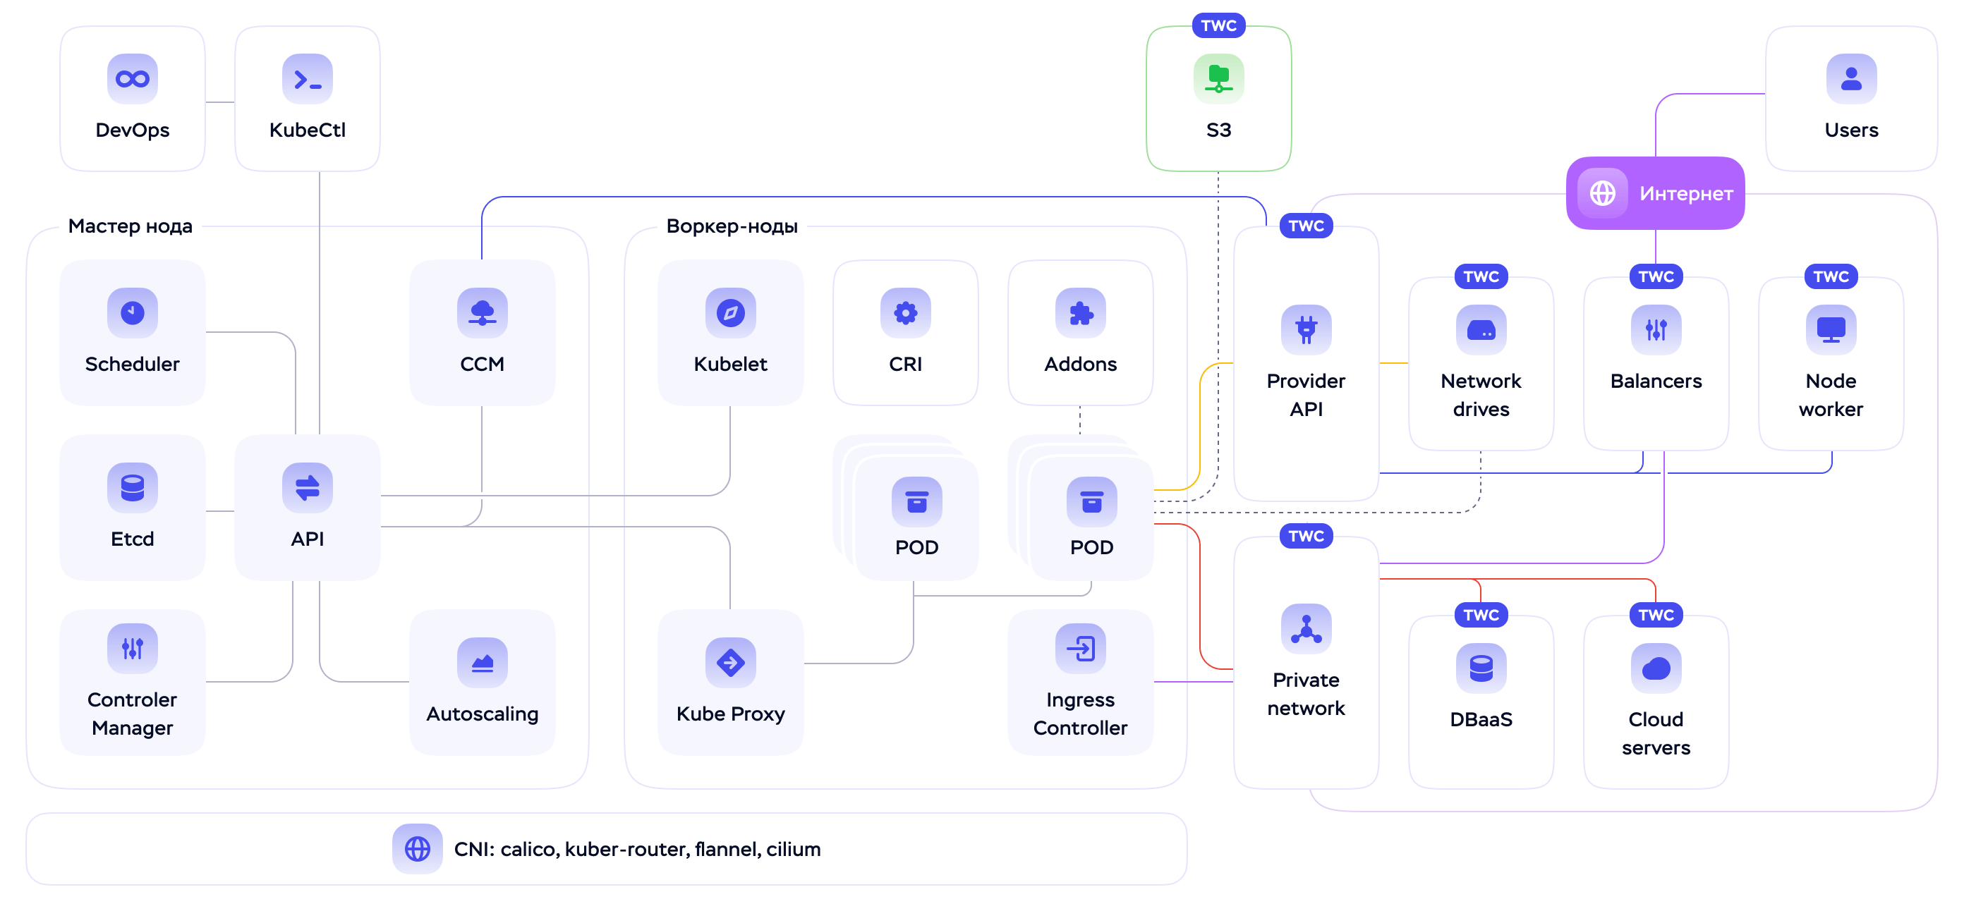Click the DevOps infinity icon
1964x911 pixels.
tap(132, 78)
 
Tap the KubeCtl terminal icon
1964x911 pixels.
tap(308, 78)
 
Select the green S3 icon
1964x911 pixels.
tap(1218, 78)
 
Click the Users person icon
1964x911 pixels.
tap(1851, 78)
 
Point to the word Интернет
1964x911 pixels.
tap(1686, 194)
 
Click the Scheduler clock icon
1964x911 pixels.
tap(132, 312)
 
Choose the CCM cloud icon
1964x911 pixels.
tap(482, 312)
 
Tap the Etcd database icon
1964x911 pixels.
tap(132, 487)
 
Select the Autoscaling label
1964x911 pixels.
tap(482, 714)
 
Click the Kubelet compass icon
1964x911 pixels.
tap(730, 312)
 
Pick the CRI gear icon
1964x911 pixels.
tap(905, 312)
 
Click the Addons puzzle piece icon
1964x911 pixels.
tap(1080, 312)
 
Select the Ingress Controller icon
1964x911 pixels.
tap(1080, 649)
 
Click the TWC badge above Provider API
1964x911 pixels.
tap(1306, 226)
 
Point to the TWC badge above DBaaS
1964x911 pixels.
tap(1481, 616)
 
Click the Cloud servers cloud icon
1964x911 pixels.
tap(1656, 668)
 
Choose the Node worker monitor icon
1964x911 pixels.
tap(1831, 329)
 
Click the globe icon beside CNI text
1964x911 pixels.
tap(417, 848)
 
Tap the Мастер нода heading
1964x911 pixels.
tap(131, 226)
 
